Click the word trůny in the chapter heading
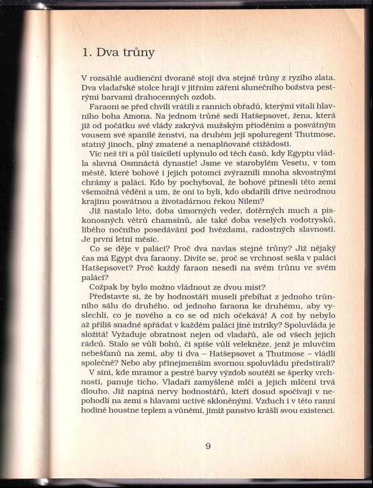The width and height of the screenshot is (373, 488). point(136,53)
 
